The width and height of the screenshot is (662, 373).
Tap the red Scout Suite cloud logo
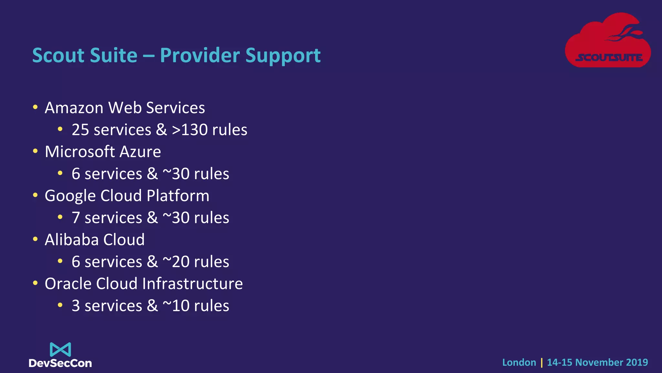[608, 40]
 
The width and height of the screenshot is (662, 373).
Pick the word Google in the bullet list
[70, 196]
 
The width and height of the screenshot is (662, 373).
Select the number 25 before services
[80, 130]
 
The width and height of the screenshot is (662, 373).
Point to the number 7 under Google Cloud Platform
[76, 218]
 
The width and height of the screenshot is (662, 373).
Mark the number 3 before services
[76, 306]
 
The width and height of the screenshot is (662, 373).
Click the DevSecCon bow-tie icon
[60, 350]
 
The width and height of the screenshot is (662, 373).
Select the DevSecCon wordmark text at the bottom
[60, 363]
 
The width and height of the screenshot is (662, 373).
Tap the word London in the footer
[519, 362]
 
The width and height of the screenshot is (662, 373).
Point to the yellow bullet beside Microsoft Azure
[35, 151]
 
